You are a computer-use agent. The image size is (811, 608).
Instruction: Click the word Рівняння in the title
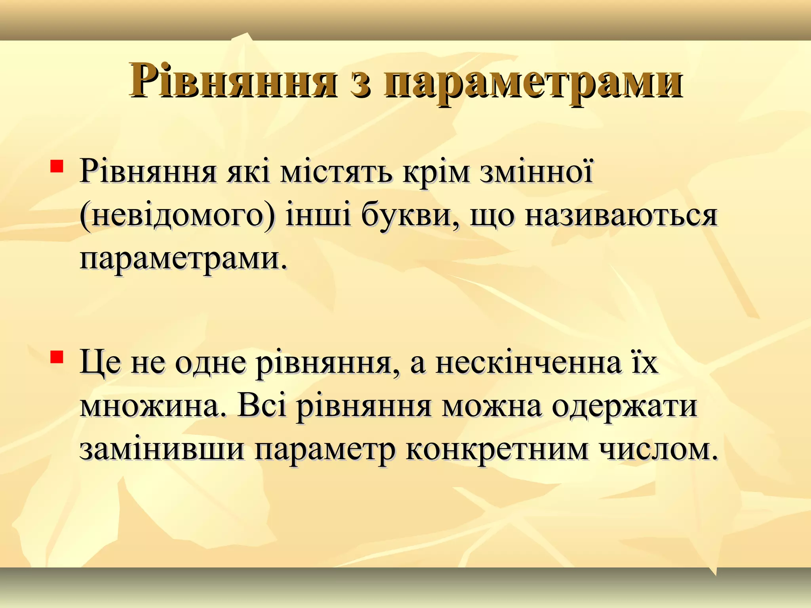pos(234,81)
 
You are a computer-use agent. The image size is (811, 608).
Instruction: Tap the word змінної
pos(537,172)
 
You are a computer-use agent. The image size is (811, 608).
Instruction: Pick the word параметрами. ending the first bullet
pos(183,259)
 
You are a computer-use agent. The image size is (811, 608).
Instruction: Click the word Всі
pos(261,407)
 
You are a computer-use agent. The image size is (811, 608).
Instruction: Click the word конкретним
pos(497,450)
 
